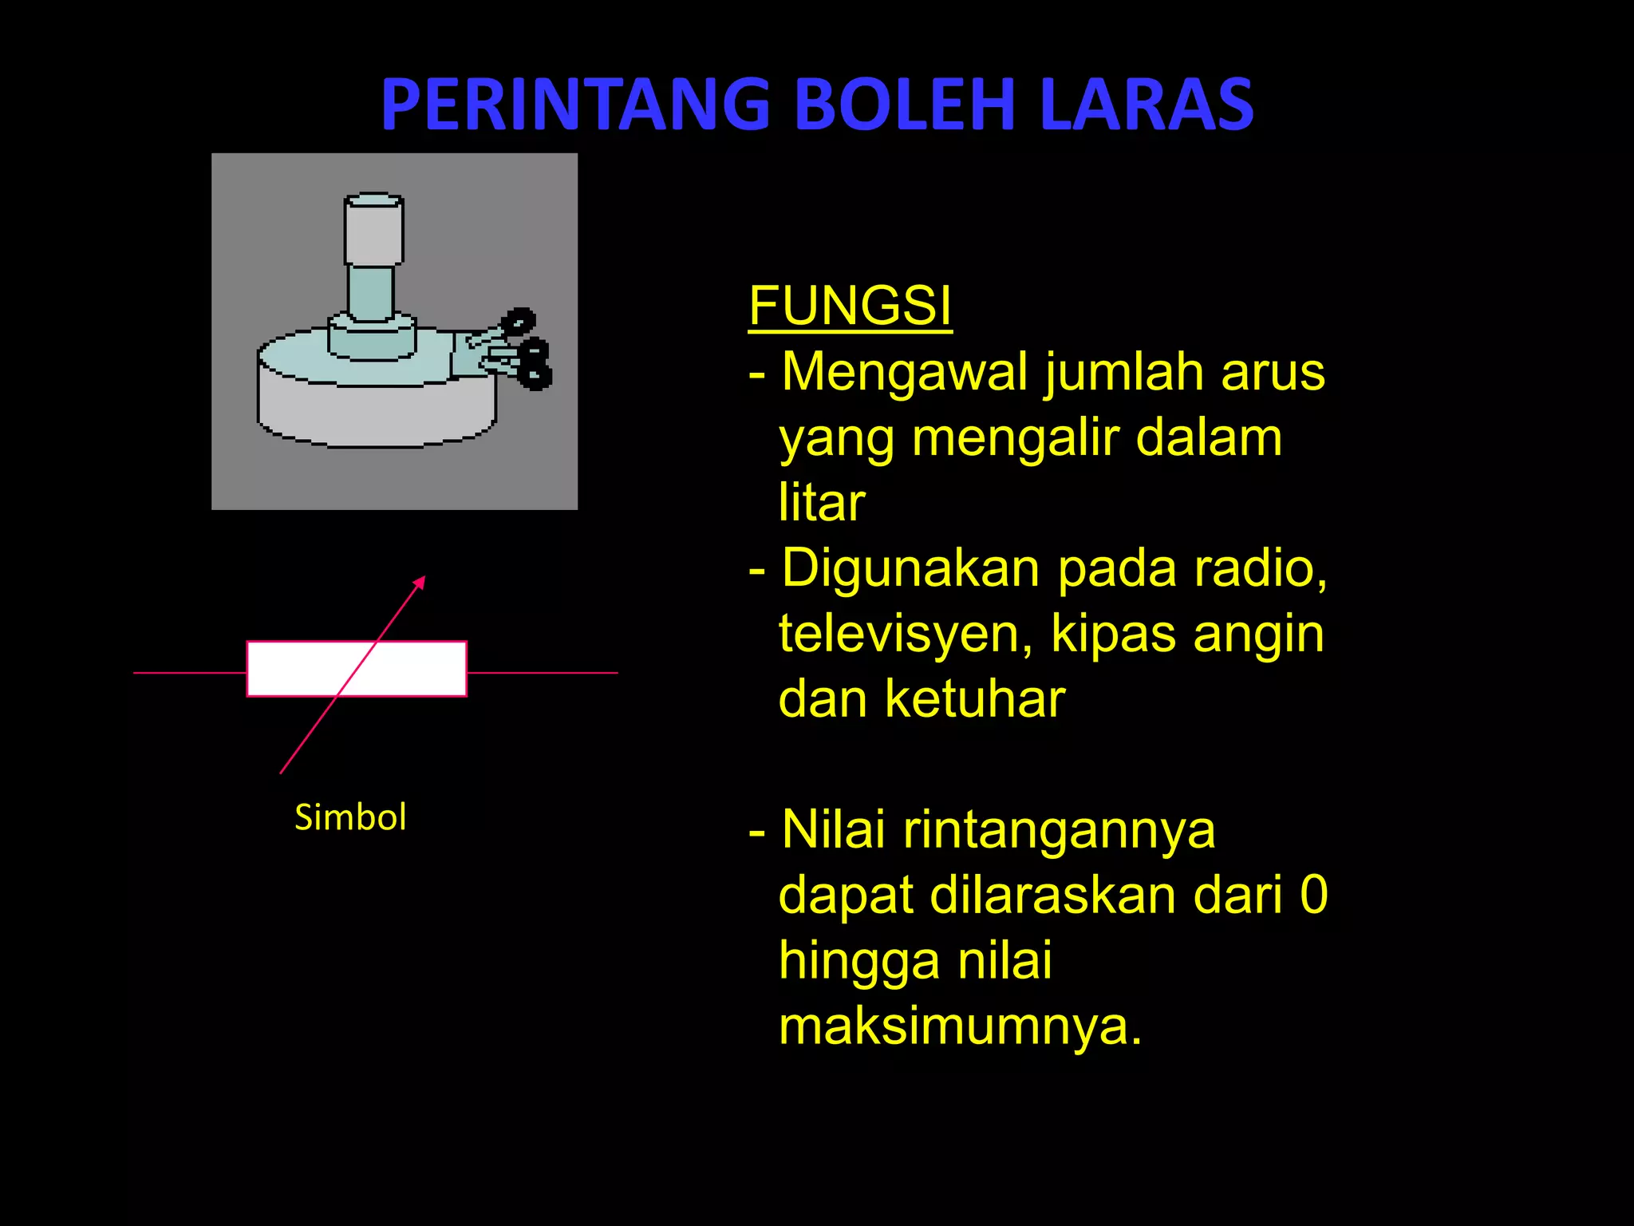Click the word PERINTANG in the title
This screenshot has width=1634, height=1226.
[574, 105]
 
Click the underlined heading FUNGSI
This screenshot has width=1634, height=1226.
[850, 306]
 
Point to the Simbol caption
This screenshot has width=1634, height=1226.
[350, 817]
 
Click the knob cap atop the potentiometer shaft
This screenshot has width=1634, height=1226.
[373, 230]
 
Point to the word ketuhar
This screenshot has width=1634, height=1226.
[974, 699]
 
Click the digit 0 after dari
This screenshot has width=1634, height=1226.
[1313, 895]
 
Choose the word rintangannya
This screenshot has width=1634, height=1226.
[1059, 830]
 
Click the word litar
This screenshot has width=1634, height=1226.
[822, 503]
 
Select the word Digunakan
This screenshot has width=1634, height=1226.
[910, 570]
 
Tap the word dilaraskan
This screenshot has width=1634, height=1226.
[1052, 895]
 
